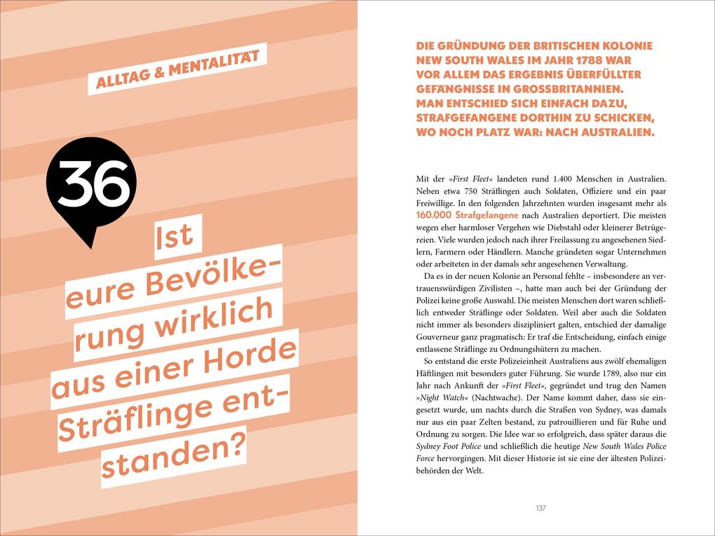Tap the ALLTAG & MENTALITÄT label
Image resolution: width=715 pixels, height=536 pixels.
point(178,71)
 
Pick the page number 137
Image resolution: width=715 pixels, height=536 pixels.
point(540,508)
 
